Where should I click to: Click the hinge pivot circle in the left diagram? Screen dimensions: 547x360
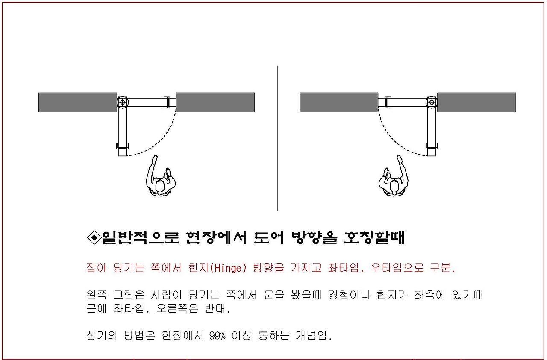coord(122,102)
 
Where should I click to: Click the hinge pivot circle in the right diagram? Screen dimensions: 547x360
coord(432,102)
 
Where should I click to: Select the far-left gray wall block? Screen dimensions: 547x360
coord(78,102)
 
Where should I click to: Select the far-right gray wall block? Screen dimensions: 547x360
coord(476,102)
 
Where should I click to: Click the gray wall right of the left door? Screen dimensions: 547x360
coord(215,102)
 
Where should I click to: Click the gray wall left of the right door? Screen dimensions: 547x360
coord(339,102)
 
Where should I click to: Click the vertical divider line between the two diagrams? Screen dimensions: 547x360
coord(277,138)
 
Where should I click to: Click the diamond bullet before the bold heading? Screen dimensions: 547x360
coord(94,237)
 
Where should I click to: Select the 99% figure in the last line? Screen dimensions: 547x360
coord(217,336)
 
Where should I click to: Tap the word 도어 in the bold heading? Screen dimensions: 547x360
coord(269,237)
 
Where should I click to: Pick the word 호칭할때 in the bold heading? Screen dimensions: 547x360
coord(374,237)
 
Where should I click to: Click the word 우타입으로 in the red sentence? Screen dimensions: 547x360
coord(397,268)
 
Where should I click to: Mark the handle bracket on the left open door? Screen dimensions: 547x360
coord(122,146)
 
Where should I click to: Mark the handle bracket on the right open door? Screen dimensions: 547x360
coord(432,146)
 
